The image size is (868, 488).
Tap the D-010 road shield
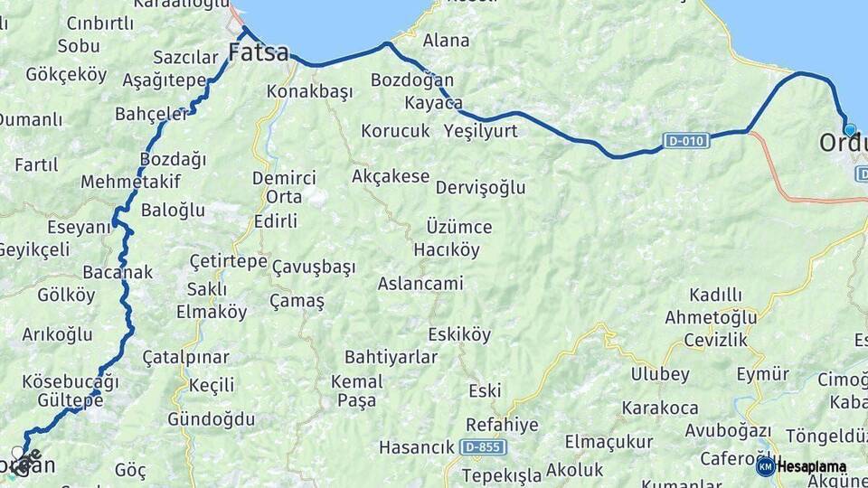pyautogui.click(x=685, y=140)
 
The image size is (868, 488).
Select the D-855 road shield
pyautogui.click(x=483, y=447)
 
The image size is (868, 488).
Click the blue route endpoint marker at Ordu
pyautogui.click(x=849, y=129)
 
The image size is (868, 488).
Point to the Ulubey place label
pyautogui.click(x=660, y=374)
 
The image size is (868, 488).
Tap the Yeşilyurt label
pyautogui.click(x=481, y=131)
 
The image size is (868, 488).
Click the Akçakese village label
pyautogui.click(x=391, y=176)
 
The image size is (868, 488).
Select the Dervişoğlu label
pyautogui.click(x=480, y=188)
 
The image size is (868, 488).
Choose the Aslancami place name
pyautogui.click(x=420, y=284)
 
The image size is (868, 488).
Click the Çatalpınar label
pyautogui.click(x=185, y=358)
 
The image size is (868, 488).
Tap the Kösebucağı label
pyautogui.click(x=70, y=380)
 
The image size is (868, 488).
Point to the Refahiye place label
pyautogui.click(x=502, y=425)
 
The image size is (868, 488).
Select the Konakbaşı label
pyautogui.click(x=309, y=91)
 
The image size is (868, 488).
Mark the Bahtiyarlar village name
pyautogui.click(x=391, y=358)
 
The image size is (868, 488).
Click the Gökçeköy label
pyautogui.click(x=66, y=74)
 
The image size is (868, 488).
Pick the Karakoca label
pyautogui.click(x=660, y=408)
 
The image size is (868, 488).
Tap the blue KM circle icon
pyautogui.click(x=765, y=466)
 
